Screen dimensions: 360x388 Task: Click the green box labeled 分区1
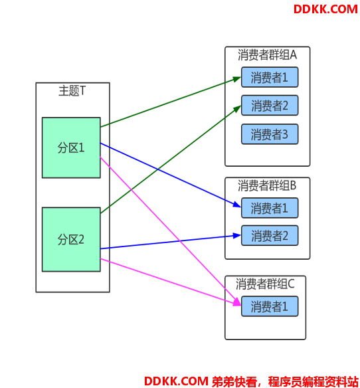tap(71, 147)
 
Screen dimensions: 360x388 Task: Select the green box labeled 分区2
tap(71, 240)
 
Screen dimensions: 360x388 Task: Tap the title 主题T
tap(72, 91)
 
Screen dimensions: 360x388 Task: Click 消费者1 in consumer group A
tap(270, 77)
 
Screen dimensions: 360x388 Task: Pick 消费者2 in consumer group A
tap(270, 106)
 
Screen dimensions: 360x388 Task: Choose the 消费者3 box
tap(270, 134)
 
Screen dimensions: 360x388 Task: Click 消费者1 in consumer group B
tap(270, 208)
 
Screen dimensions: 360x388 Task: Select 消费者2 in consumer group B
tap(270, 236)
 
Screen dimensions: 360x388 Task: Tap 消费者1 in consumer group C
tap(270, 306)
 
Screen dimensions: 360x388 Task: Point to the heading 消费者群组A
tap(267, 54)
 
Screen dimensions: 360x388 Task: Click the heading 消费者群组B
tap(267, 185)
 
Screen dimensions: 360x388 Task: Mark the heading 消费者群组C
tap(265, 284)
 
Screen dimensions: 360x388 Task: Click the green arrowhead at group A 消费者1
tap(237, 80)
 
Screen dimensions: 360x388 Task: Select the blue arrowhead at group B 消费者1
tap(237, 205)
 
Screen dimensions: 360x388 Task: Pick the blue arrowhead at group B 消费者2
tap(237, 236)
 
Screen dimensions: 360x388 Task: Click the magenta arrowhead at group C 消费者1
tap(237, 302)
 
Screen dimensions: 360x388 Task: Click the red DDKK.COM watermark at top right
tap(325, 9)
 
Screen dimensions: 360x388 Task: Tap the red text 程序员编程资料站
tap(314, 381)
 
